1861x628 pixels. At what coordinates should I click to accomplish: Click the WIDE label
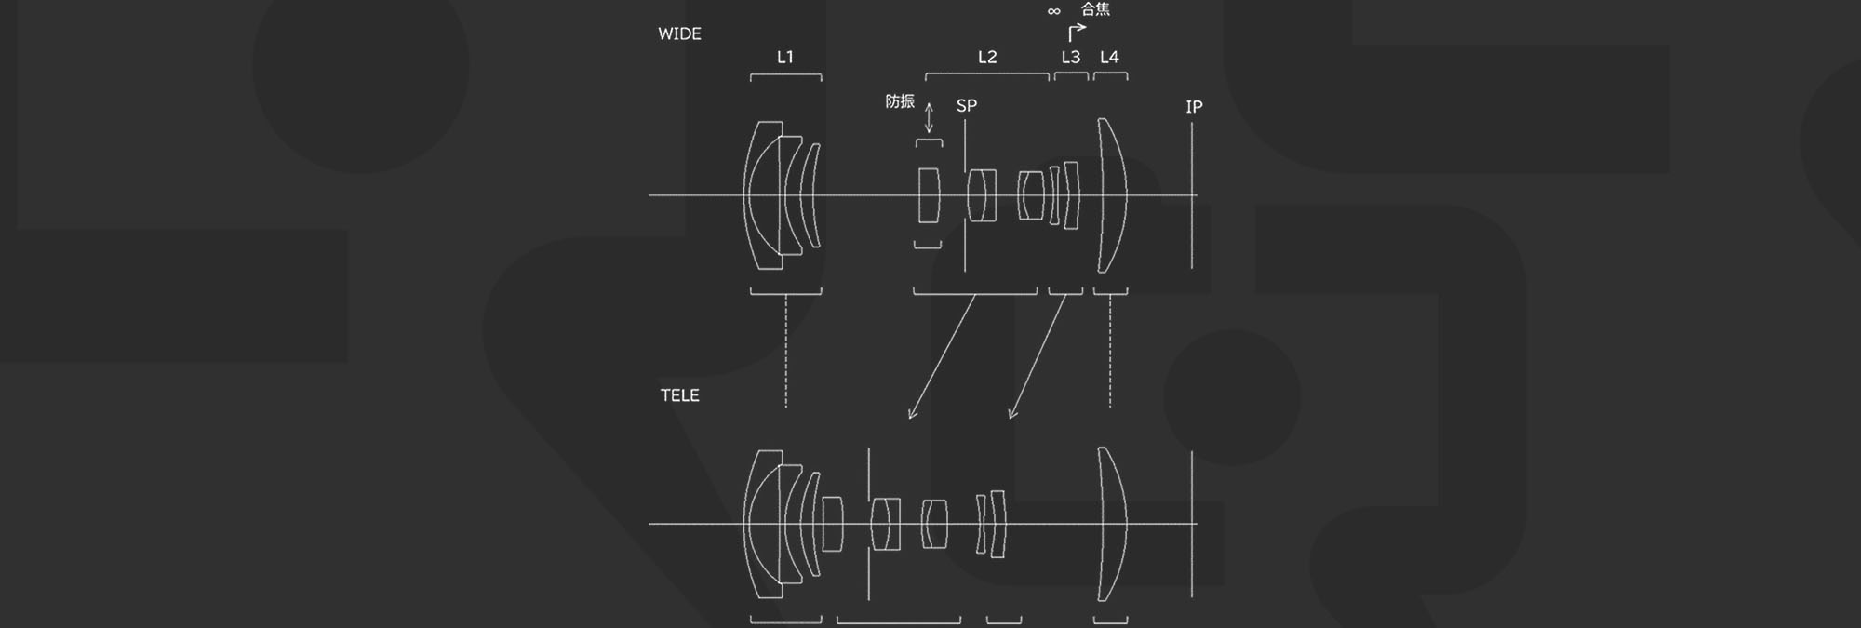tap(679, 33)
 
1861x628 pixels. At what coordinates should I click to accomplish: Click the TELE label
tap(679, 395)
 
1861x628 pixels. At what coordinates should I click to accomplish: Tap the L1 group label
tap(785, 57)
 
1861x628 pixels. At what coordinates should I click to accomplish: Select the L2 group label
tap(987, 57)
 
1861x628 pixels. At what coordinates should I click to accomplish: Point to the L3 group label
tap(1071, 57)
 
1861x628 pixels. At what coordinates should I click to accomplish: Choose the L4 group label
tap(1109, 57)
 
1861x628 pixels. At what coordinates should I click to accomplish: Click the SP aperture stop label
tap(967, 105)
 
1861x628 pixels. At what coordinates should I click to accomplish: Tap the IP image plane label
tap(1194, 107)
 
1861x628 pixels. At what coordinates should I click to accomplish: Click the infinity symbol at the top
tap(1053, 11)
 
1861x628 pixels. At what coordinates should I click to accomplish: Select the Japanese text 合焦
tap(1095, 9)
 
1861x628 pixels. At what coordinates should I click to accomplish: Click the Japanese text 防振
tap(900, 101)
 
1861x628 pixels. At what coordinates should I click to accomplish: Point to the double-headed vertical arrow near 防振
tap(929, 118)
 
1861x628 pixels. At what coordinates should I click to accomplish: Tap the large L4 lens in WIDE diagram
tap(1111, 195)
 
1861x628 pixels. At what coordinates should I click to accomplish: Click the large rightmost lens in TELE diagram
tap(1111, 524)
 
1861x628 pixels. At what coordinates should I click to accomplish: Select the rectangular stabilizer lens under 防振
tap(929, 195)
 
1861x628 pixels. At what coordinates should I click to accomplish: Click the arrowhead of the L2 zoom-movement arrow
tap(912, 414)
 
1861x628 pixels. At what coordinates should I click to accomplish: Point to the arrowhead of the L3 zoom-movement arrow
tap(1012, 414)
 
